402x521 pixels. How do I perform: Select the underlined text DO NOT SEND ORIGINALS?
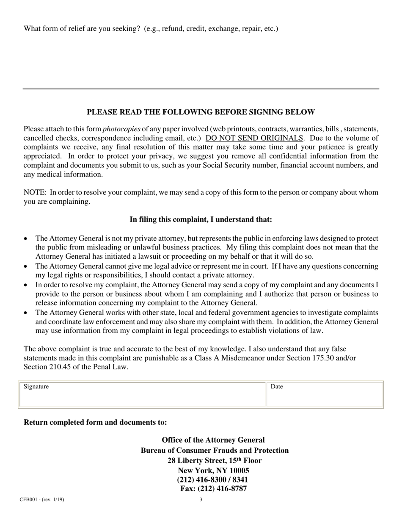(254, 138)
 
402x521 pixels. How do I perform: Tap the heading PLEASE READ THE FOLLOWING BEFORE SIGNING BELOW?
(201, 112)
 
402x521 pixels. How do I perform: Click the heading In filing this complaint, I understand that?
(201, 219)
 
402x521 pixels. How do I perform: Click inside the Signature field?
(142, 397)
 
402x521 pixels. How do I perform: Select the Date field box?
(324, 397)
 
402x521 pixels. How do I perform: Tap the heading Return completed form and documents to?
(95, 422)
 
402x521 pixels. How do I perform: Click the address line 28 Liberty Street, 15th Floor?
(214, 460)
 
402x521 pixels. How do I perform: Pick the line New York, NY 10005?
(213, 471)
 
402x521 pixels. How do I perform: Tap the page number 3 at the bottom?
(201, 499)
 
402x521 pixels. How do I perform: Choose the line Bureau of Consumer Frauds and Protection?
(215, 450)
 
